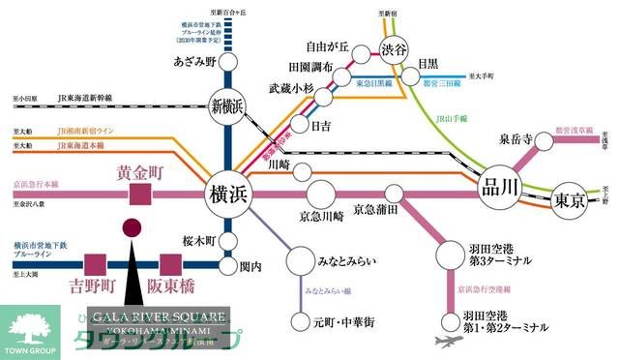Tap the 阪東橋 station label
pyautogui.click(x=171, y=286)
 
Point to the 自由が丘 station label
pyautogui.click(x=324, y=45)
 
